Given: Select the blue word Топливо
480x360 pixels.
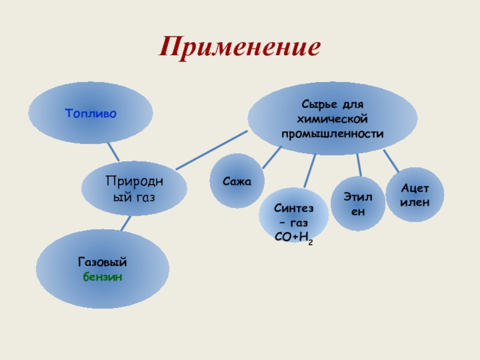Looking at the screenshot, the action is (x=91, y=112).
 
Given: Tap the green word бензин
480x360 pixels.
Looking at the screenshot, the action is (x=103, y=277).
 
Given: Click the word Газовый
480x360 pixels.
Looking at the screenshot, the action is (x=103, y=263).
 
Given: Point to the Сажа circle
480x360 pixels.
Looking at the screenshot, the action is (x=236, y=180).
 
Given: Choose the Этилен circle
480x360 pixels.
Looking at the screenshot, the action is (x=358, y=203).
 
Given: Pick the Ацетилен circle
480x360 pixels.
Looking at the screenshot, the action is (x=415, y=196).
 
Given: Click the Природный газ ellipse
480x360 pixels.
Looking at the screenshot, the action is (x=134, y=188).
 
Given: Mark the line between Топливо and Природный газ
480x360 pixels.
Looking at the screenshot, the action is (x=113, y=152).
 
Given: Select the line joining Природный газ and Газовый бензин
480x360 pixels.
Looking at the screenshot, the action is (x=125, y=223).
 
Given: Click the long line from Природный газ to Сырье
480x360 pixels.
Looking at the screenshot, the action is (x=213, y=148).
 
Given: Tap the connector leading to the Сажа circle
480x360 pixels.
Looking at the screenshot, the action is (x=271, y=157).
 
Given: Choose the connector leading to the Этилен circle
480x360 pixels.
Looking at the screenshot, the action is (x=358, y=164).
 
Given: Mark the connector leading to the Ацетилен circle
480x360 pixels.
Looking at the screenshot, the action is (x=391, y=161).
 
